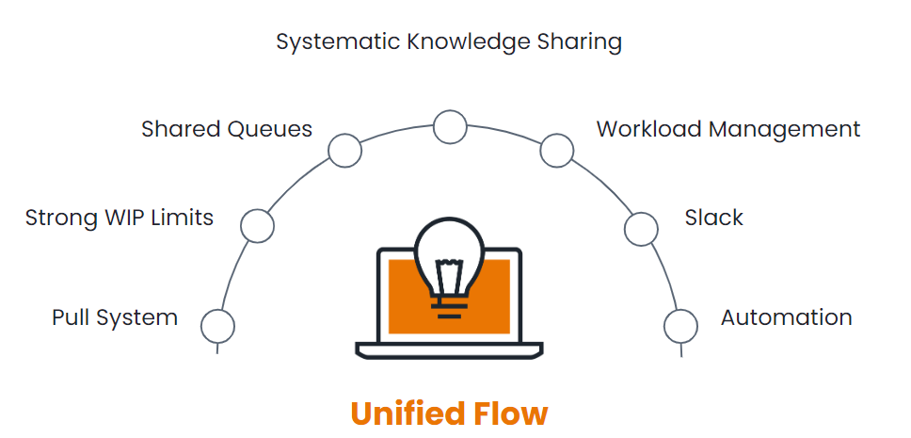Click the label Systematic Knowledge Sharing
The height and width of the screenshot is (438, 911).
pos(449,42)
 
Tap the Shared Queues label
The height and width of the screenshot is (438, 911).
pos(227,129)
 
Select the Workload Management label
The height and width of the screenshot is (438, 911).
pos(727,129)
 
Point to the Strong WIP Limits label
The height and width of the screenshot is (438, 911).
pos(120,219)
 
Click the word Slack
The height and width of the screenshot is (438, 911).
pos(713,219)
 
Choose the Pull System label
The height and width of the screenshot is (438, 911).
pos(115,317)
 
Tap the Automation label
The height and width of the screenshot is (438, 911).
pos(786,317)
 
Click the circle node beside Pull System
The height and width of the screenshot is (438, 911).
pos(218,326)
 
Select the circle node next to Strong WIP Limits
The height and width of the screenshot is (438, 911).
pos(257,225)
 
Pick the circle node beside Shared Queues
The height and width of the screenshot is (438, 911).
pos(344,151)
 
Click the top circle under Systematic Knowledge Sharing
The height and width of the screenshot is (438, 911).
pos(450,126)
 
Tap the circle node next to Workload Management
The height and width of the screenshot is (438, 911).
pos(556,150)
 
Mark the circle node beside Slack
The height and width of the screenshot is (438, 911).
pos(642,227)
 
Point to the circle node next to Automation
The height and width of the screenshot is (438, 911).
pos(680,326)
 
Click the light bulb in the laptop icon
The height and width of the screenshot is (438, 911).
pos(449,264)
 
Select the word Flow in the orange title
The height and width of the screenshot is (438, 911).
pos(513,414)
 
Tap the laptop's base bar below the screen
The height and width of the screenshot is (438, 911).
pos(449,350)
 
